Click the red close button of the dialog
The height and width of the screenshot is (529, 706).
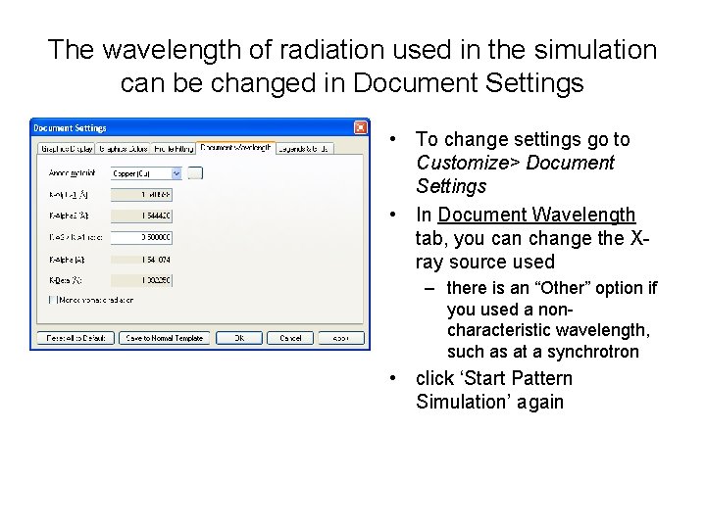click(361, 128)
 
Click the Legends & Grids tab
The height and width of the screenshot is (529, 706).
click(303, 149)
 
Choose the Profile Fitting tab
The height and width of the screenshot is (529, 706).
click(173, 149)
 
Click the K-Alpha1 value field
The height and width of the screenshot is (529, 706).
click(142, 194)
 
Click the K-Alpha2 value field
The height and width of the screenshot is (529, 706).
click(142, 216)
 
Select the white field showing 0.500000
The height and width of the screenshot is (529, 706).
click(142, 237)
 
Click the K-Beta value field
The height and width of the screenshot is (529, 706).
click(142, 280)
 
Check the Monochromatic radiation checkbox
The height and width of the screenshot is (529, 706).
click(52, 299)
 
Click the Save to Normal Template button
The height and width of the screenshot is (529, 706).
click(165, 338)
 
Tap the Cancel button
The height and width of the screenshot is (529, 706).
click(290, 338)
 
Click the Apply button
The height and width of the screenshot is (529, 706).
click(338, 338)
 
